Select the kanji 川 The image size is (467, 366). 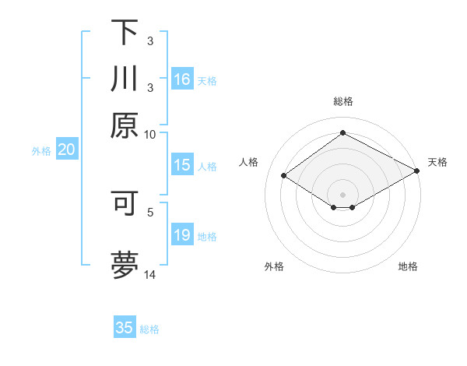click(125, 79)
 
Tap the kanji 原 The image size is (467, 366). click(125, 125)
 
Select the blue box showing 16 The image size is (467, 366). click(182, 79)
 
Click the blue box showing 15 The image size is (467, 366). click(182, 165)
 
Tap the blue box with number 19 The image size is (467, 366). click(182, 235)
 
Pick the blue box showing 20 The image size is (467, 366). click(66, 150)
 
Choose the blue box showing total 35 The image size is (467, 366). click(125, 328)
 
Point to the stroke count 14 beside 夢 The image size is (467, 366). click(149, 274)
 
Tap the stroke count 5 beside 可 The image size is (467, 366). click(150, 210)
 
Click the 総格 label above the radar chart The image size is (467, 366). click(343, 101)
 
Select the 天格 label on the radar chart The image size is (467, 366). click(437, 162)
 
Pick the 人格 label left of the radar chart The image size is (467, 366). click(249, 162)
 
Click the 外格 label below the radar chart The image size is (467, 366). click(274, 266)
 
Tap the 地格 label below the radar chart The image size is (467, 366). click(408, 266)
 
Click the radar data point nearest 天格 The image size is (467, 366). click(417, 172)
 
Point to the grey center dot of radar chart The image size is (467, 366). click(342, 194)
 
